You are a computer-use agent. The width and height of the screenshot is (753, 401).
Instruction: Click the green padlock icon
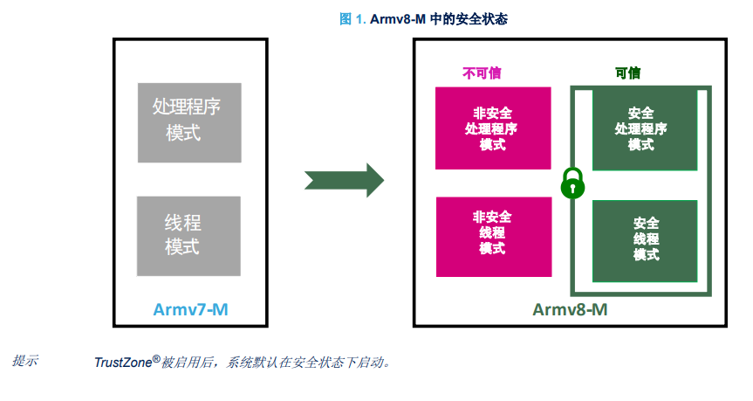point(572,183)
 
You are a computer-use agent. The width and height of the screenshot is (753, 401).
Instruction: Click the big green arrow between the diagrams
point(345,180)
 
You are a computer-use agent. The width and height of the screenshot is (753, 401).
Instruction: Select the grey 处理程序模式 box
point(189,122)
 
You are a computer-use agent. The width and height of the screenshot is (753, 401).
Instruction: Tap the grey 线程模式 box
point(188,236)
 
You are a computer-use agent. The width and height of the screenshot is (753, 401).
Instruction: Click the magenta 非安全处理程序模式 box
point(493,128)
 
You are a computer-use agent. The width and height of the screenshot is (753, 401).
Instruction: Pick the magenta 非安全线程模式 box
point(494,237)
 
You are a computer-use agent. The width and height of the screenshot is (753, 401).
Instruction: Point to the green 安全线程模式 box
point(645,241)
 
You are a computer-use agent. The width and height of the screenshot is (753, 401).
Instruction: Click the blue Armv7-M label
point(190,309)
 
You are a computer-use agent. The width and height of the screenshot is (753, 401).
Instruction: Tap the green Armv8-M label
point(570,309)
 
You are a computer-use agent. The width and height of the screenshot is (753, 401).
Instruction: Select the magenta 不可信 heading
point(482,73)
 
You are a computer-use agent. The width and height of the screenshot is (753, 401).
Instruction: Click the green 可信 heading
point(627,73)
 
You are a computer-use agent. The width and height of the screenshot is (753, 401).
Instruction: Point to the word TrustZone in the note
point(123,363)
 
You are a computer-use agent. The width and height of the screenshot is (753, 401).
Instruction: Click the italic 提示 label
point(25,361)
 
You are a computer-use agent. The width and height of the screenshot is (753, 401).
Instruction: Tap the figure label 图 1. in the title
point(353,19)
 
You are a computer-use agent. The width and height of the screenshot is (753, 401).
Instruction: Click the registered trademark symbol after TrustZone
point(156,359)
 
